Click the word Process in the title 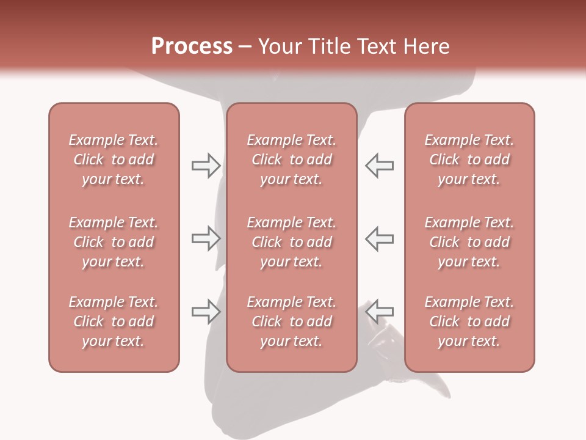click(192, 46)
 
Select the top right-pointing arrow click(206, 165)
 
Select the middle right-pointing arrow click(206, 238)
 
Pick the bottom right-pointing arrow click(206, 312)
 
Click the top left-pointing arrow click(379, 165)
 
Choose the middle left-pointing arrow click(379, 238)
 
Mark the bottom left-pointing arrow click(379, 312)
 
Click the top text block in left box click(114, 159)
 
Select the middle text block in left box click(114, 242)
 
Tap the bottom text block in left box click(114, 321)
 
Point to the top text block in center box click(291, 159)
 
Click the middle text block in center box click(291, 242)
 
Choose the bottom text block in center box click(291, 321)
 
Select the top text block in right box click(469, 159)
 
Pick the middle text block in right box click(469, 242)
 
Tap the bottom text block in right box click(469, 321)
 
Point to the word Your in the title click(279, 46)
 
